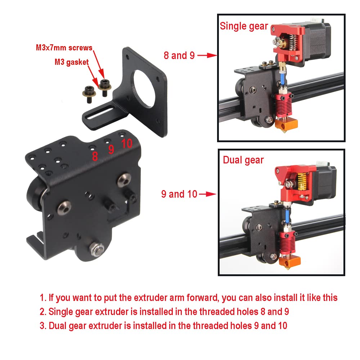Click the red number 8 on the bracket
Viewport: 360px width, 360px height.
pos(95,156)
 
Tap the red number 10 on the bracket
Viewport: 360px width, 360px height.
pos(127,144)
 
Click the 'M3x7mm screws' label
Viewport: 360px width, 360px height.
pos(64,48)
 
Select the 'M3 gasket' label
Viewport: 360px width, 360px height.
pos(72,62)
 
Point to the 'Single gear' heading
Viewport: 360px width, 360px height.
pos(244,26)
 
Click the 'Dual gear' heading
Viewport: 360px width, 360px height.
pos(243,160)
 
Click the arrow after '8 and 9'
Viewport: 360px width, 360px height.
pos(207,55)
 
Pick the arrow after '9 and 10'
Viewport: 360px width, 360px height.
pos(207,194)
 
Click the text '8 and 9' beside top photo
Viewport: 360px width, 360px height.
pos(179,55)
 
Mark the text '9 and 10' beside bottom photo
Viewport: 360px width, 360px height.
pos(179,194)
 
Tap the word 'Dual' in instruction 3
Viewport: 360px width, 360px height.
pos(58,326)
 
